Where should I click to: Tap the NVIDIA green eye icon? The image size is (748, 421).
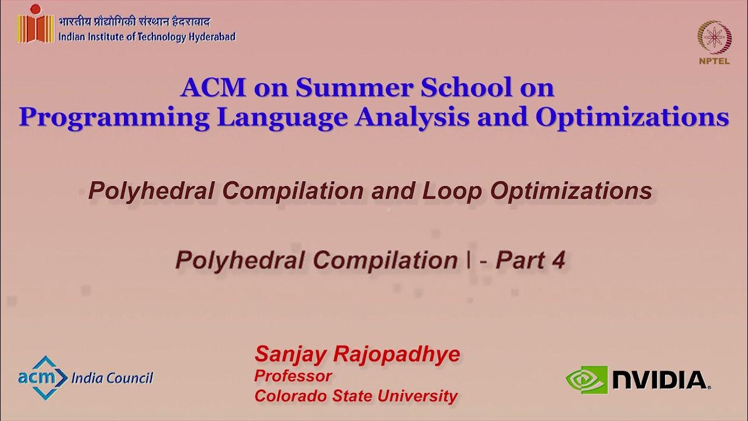pyautogui.click(x=586, y=379)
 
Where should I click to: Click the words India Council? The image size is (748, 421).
pyautogui.click(x=112, y=378)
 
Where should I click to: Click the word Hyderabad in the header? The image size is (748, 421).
pyautogui.click(x=212, y=37)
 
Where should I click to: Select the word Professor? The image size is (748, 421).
pyautogui.click(x=293, y=375)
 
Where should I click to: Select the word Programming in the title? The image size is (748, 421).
pyautogui.click(x=113, y=117)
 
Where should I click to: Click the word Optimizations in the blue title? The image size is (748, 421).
pyautogui.click(x=632, y=117)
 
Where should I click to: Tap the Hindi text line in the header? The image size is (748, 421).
pyautogui.click(x=134, y=22)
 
